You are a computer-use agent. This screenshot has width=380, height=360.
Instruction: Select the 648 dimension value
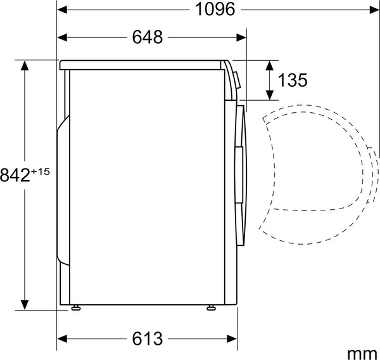pyautogui.click(x=148, y=37)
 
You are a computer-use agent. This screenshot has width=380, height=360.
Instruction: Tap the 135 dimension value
pyautogui.click(x=293, y=80)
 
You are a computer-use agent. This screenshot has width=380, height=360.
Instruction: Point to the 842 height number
pyautogui.click(x=15, y=176)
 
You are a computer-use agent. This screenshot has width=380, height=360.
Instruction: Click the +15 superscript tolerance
pyautogui.click(x=40, y=171)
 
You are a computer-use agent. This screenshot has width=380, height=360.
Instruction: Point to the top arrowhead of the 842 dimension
pyautogui.click(x=25, y=64)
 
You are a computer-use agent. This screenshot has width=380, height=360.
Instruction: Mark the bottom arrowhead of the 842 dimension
pyautogui.click(x=25, y=305)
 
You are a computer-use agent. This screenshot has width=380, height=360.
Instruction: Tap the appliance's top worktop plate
pyautogui.click(x=142, y=64)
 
